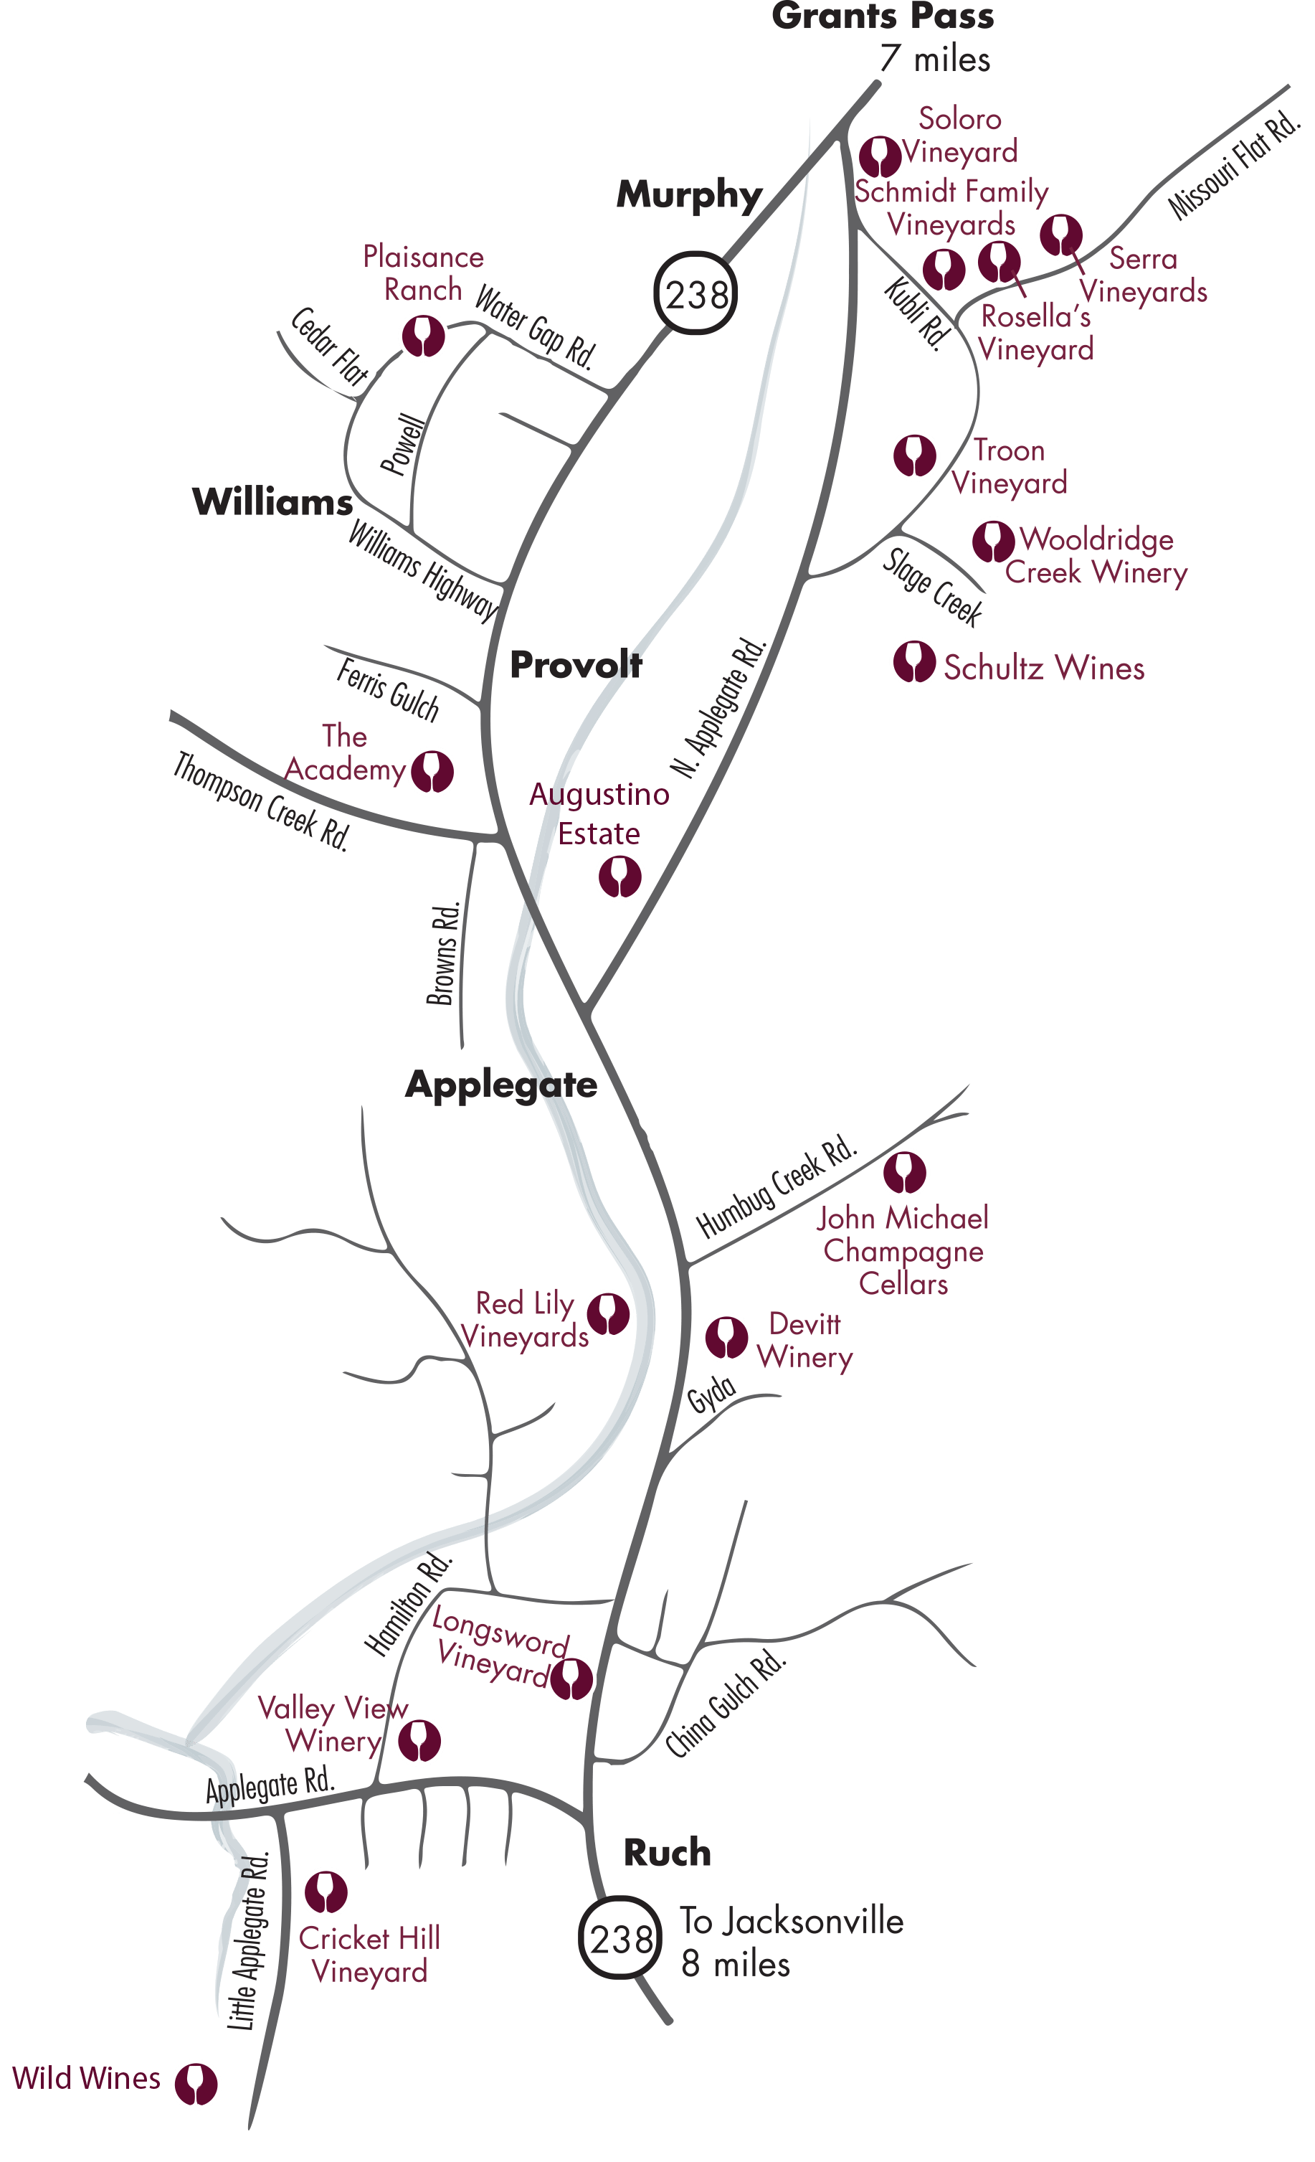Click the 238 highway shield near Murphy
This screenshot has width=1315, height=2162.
pyautogui.click(x=696, y=294)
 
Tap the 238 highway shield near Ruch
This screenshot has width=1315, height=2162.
pyautogui.click(x=620, y=1938)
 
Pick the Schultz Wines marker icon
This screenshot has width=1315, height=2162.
pyautogui.click(x=914, y=663)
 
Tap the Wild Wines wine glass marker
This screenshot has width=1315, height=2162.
pyautogui.click(x=196, y=2084)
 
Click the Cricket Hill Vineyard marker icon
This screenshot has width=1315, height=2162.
pyautogui.click(x=326, y=1892)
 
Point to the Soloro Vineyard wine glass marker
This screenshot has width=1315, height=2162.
pyautogui.click(x=880, y=157)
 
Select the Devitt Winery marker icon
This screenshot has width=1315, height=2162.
pyautogui.click(x=726, y=1337)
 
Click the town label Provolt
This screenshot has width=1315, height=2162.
pyautogui.click(x=576, y=665)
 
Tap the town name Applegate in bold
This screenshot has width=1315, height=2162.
pyautogui.click(x=501, y=1085)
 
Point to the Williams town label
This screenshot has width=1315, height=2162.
pyautogui.click(x=272, y=502)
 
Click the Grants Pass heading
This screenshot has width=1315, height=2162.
pyautogui.click(x=883, y=17)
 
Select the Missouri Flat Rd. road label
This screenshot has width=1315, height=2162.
pyautogui.click(x=1233, y=165)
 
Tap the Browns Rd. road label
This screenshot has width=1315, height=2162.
pyautogui.click(x=444, y=954)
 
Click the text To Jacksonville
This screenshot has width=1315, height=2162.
pyautogui.click(x=792, y=1921)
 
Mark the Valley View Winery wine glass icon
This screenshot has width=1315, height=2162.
pyautogui.click(x=419, y=1741)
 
